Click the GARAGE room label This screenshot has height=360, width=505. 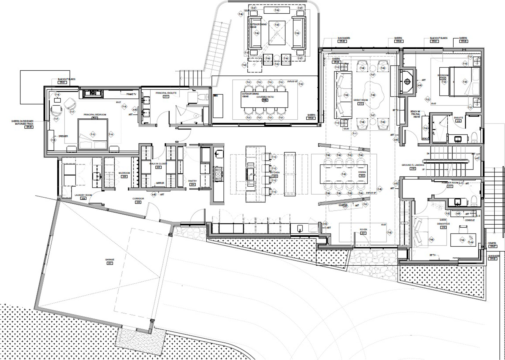pyautogui.click(x=110, y=259)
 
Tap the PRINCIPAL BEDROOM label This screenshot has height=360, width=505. pyautogui.click(x=94, y=115)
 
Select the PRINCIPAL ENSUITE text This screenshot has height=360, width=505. pyautogui.click(x=166, y=93)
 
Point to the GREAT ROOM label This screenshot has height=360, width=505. pyautogui.click(x=361, y=100)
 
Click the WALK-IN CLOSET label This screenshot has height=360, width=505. pyautogui.click(x=158, y=164)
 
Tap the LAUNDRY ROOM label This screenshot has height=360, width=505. pyautogui.click(x=83, y=195)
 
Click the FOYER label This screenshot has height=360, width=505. pyautogui.click(x=363, y=229)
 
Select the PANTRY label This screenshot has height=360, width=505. pyautogui.click(x=192, y=181)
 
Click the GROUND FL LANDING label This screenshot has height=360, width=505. pyautogui.click(x=413, y=165)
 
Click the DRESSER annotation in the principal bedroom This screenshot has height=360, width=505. pyautogui.click(x=63, y=136)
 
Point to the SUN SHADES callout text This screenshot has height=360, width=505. pyautogui.click(x=343, y=38)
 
